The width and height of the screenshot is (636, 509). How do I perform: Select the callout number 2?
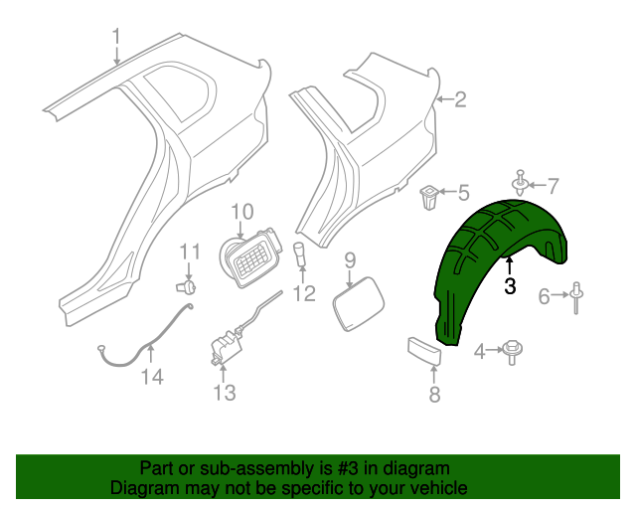pyautogui.click(x=459, y=98)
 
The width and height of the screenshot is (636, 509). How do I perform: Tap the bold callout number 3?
pyautogui.click(x=510, y=286)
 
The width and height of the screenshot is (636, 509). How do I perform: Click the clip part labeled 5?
pyautogui.click(x=429, y=199)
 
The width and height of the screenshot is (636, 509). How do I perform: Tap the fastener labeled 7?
pyautogui.click(x=520, y=184)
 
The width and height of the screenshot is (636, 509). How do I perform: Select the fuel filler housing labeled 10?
pyautogui.click(x=248, y=261)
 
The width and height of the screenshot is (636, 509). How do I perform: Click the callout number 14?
pyautogui.click(x=150, y=376)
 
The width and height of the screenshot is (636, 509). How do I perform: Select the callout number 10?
pyautogui.click(x=242, y=212)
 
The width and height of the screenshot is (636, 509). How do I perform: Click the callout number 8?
pyautogui.click(x=433, y=395)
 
